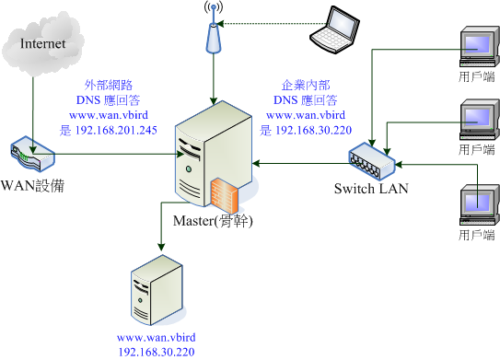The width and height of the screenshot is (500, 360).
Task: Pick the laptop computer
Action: [332, 28]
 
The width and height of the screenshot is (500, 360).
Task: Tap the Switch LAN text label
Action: [369, 190]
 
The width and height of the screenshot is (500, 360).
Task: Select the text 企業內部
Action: [305, 87]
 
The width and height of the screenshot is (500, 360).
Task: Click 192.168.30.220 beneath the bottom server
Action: [156, 352]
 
